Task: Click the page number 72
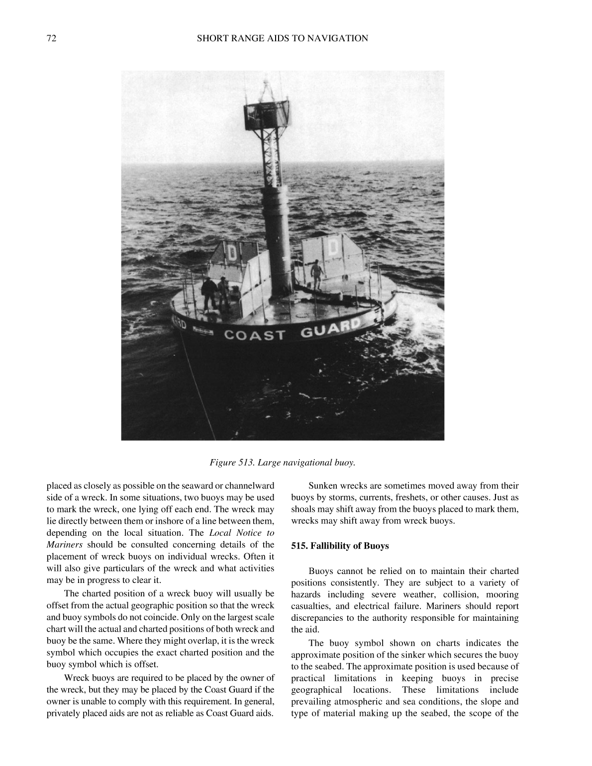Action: [51, 38]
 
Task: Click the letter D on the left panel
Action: [232, 253]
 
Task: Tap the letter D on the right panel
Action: [334, 247]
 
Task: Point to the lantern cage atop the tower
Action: [267, 112]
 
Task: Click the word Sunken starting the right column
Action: [323, 486]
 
